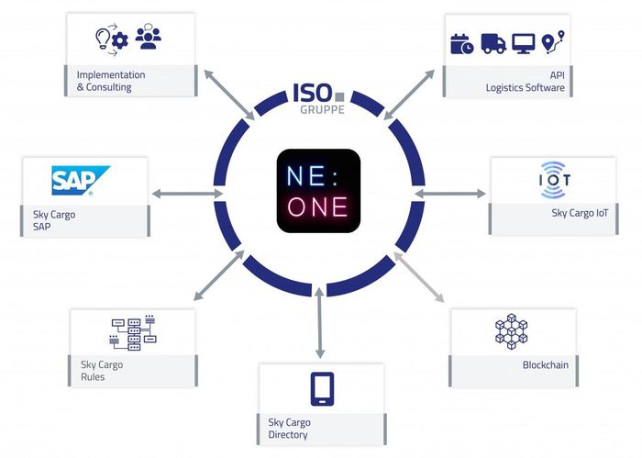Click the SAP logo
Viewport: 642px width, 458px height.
coord(81,180)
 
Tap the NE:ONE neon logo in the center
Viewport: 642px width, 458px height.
coord(318,191)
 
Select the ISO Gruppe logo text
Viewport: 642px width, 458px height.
coord(319,98)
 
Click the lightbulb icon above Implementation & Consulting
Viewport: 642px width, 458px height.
coord(103,39)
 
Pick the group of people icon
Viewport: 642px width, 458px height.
coord(149,37)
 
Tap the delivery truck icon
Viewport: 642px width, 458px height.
coord(493,43)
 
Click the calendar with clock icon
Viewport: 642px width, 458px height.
coord(462,44)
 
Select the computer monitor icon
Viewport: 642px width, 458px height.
coord(524,43)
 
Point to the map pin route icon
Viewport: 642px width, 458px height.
coord(553,42)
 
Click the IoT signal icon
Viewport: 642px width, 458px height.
coord(554,180)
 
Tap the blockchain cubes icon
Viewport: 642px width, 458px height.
coord(512,331)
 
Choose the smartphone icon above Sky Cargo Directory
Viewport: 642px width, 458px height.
coord(322,389)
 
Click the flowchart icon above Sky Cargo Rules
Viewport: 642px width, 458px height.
coord(133,332)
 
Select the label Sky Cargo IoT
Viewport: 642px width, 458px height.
coord(580,213)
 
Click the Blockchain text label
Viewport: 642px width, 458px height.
coord(546,364)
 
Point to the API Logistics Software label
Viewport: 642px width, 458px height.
coord(526,81)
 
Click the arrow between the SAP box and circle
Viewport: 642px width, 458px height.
coord(187,194)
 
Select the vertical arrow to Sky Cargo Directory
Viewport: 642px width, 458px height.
coord(320,323)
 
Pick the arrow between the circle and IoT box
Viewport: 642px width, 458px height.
coord(450,194)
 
